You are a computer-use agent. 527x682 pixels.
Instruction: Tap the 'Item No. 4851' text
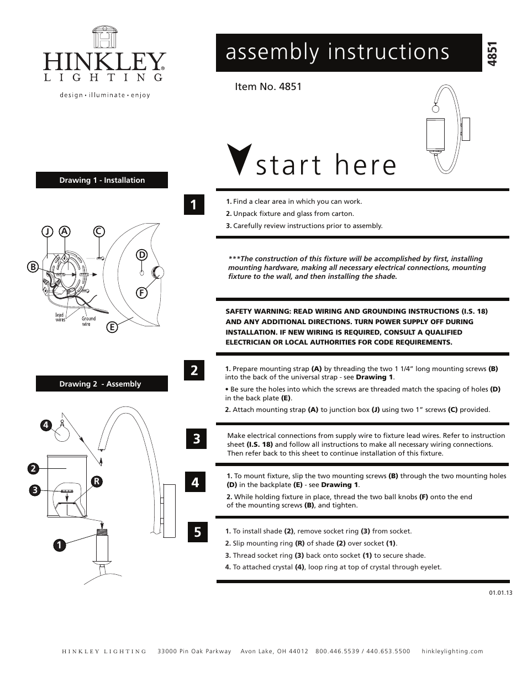[268, 87]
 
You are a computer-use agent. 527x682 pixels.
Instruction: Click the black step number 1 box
[194, 204]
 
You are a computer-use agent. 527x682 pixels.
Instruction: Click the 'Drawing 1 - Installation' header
[102, 180]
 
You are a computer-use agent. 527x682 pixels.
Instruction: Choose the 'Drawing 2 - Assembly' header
[102, 384]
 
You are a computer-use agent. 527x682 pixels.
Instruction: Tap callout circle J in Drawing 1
[48, 232]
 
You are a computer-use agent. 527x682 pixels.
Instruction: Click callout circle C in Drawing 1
[98, 232]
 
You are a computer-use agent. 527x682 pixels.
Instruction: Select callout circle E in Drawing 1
[112, 327]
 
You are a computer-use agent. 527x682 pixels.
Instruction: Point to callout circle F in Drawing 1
[142, 293]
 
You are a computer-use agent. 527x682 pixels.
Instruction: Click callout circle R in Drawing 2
[96, 482]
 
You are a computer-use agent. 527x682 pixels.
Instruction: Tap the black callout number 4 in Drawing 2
[45, 425]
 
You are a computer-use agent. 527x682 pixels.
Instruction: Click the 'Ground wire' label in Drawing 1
[88, 321]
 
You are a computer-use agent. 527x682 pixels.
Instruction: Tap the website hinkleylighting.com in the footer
[452, 651]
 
